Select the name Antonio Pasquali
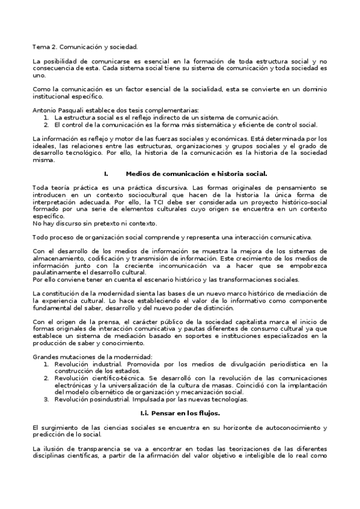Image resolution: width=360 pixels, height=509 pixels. [x=56, y=110]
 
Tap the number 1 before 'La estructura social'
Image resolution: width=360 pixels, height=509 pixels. [x=46, y=118]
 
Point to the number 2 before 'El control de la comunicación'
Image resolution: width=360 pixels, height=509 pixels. [x=46, y=125]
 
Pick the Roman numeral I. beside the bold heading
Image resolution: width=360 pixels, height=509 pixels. [x=106, y=173]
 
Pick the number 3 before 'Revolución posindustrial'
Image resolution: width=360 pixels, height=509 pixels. [x=46, y=399]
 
